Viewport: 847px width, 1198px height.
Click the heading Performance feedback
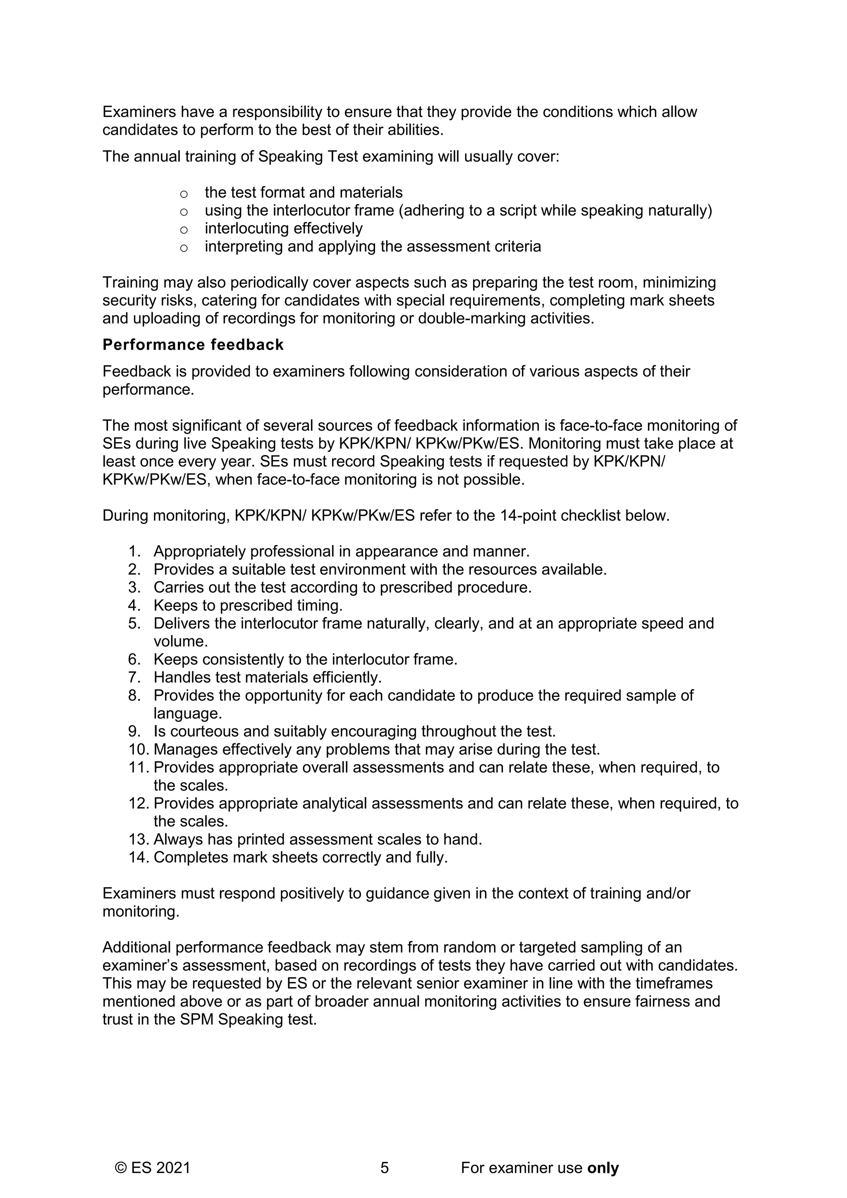pos(193,345)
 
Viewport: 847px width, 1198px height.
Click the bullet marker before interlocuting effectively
pos(184,230)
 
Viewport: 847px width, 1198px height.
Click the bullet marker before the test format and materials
pos(184,194)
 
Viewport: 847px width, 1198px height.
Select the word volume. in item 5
pos(180,641)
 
